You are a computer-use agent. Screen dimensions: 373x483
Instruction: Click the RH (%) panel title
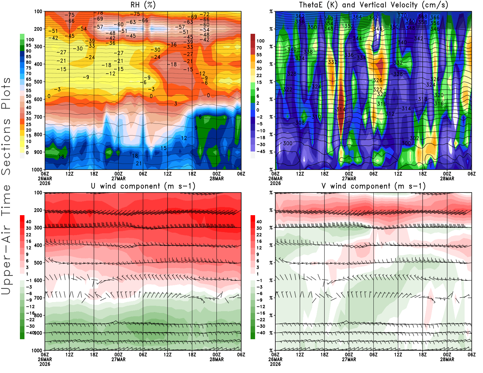[143, 5]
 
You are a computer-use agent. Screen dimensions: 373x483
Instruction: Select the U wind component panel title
[143, 186]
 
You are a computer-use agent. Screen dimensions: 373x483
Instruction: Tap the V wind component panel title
[373, 186]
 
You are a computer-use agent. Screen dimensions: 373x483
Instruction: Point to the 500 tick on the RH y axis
[38, 81]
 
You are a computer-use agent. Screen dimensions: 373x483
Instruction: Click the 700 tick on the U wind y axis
[38, 298]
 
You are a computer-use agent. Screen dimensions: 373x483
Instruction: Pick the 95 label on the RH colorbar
[29, 45]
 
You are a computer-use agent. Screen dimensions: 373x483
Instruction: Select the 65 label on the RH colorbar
[29, 79]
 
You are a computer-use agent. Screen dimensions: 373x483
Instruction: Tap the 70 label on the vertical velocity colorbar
[259, 48]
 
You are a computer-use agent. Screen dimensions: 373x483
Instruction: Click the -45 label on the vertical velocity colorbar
[261, 151]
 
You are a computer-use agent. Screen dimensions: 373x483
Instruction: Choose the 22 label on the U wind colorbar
[29, 235]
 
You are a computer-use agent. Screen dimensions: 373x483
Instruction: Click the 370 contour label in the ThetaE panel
[402, 15]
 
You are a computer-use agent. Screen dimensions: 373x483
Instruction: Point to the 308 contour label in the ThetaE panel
[300, 123]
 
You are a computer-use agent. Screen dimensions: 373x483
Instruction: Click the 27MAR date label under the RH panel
[118, 178]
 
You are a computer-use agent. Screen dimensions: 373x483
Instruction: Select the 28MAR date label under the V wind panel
[447, 359]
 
